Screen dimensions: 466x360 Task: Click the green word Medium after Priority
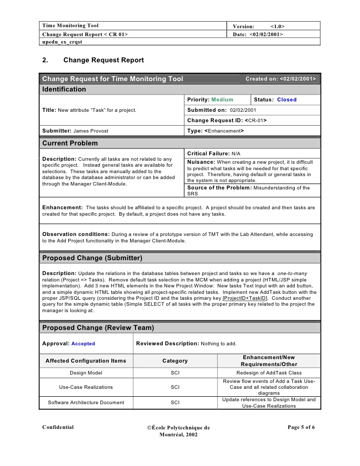point(222,99)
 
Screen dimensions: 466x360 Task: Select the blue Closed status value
point(287,99)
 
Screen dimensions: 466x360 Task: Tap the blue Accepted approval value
point(83,343)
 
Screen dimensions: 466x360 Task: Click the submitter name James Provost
point(90,131)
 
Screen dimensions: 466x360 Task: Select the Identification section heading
point(64,90)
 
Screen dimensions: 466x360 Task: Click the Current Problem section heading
point(70,143)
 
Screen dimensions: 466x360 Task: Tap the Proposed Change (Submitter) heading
point(92,258)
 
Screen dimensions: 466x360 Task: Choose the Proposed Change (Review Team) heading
point(98,327)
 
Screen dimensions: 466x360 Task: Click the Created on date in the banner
point(281,79)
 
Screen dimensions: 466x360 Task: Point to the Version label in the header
point(243,26)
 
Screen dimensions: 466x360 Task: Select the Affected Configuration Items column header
point(86,361)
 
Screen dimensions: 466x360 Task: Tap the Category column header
point(175,361)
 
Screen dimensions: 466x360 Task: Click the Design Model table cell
point(86,373)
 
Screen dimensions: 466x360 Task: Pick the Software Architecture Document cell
point(86,402)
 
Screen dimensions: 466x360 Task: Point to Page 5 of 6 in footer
point(301,427)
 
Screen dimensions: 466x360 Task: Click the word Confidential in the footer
point(58,427)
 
